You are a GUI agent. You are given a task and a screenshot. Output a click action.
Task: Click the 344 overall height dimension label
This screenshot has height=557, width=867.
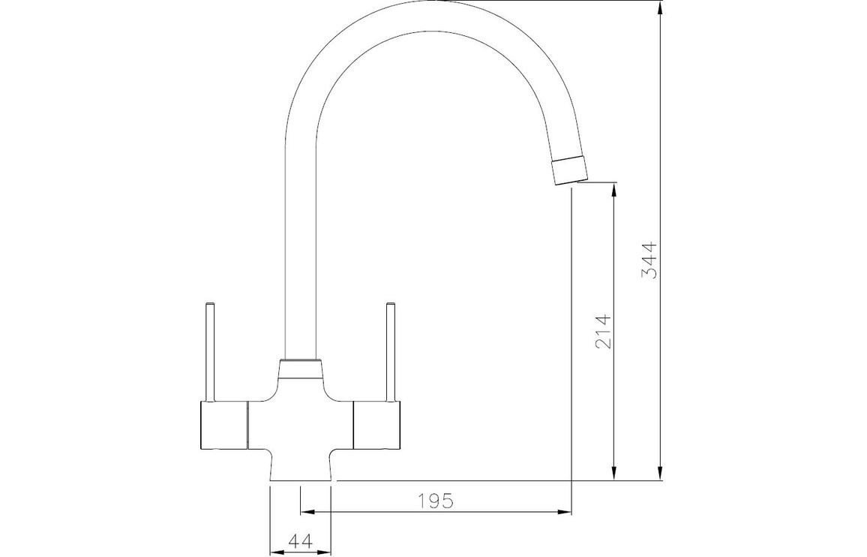[x=649, y=259]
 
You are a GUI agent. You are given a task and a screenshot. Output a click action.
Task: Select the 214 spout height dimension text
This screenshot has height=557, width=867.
[x=604, y=331]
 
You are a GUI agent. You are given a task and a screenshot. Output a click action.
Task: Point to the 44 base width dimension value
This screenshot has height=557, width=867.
[x=301, y=540]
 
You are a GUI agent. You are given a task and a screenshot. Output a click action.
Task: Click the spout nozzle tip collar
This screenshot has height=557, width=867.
[x=569, y=170]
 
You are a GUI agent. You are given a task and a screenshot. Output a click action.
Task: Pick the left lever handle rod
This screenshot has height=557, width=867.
[x=209, y=351]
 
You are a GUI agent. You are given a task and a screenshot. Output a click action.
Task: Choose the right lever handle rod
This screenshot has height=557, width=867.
[x=391, y=351]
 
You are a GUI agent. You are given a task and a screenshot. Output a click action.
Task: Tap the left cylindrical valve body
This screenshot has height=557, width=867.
[x=222, y=424]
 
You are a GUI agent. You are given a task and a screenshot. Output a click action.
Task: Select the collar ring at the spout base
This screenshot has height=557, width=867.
[x=300, y=369]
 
